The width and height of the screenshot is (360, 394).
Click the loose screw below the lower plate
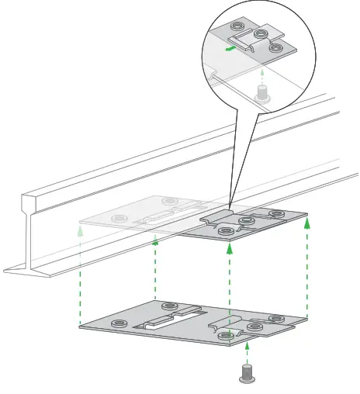(x=247, y=373)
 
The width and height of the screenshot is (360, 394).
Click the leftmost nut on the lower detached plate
(x=120, y=323)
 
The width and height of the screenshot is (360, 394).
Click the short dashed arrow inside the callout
(x=263, y=75)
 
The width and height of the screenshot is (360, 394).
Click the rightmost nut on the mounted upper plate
(x=274, y=215)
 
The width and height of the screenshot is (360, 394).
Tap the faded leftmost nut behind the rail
(x=119, y=219)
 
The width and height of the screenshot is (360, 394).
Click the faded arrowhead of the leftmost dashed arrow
(x=81, y=230)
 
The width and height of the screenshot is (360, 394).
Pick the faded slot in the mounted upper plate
(x=165, y=215)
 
